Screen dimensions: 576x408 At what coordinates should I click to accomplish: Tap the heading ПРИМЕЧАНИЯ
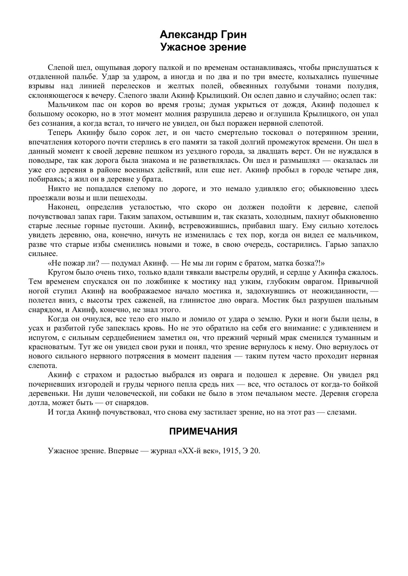click(203, 431)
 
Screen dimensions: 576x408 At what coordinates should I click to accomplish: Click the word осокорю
click(75, 114)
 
